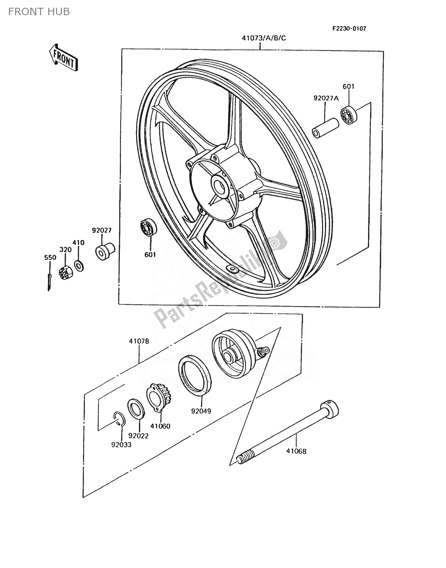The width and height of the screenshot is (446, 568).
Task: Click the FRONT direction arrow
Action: (63, 57)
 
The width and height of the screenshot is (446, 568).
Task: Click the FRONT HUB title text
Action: (39, 12)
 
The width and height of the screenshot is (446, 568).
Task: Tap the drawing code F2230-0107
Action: (349, 28)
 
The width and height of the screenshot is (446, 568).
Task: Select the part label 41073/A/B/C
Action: (260, 38)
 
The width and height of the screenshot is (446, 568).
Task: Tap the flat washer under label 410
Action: (79, 266)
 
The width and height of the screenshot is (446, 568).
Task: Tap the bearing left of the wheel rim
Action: (148, 227)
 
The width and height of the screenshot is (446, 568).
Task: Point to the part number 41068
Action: (297, 451)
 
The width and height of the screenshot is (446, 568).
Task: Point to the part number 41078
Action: (139, 341)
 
